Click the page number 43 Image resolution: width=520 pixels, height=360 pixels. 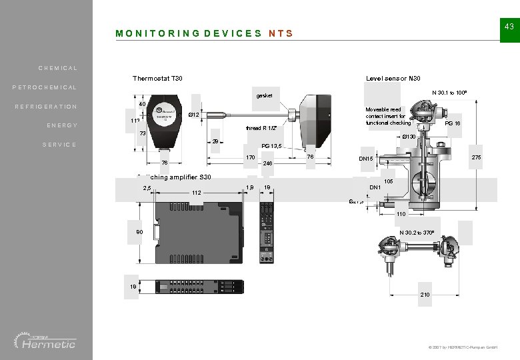click(x=509, y=26)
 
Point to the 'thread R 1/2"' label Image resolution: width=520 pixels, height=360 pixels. click(x=261, y=128)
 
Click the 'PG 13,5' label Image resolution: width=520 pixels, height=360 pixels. click(x=273, y=146)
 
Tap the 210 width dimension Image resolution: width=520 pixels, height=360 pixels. click(x=425, y=294)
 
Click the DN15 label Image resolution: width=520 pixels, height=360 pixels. click(x=366, y=159)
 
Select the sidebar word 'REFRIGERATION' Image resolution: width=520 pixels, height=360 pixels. click(x=47, y=107)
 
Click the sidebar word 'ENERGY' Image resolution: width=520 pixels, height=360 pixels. click(x=62, y=126)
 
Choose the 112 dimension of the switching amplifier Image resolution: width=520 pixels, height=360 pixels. click(x=196, y=193)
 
